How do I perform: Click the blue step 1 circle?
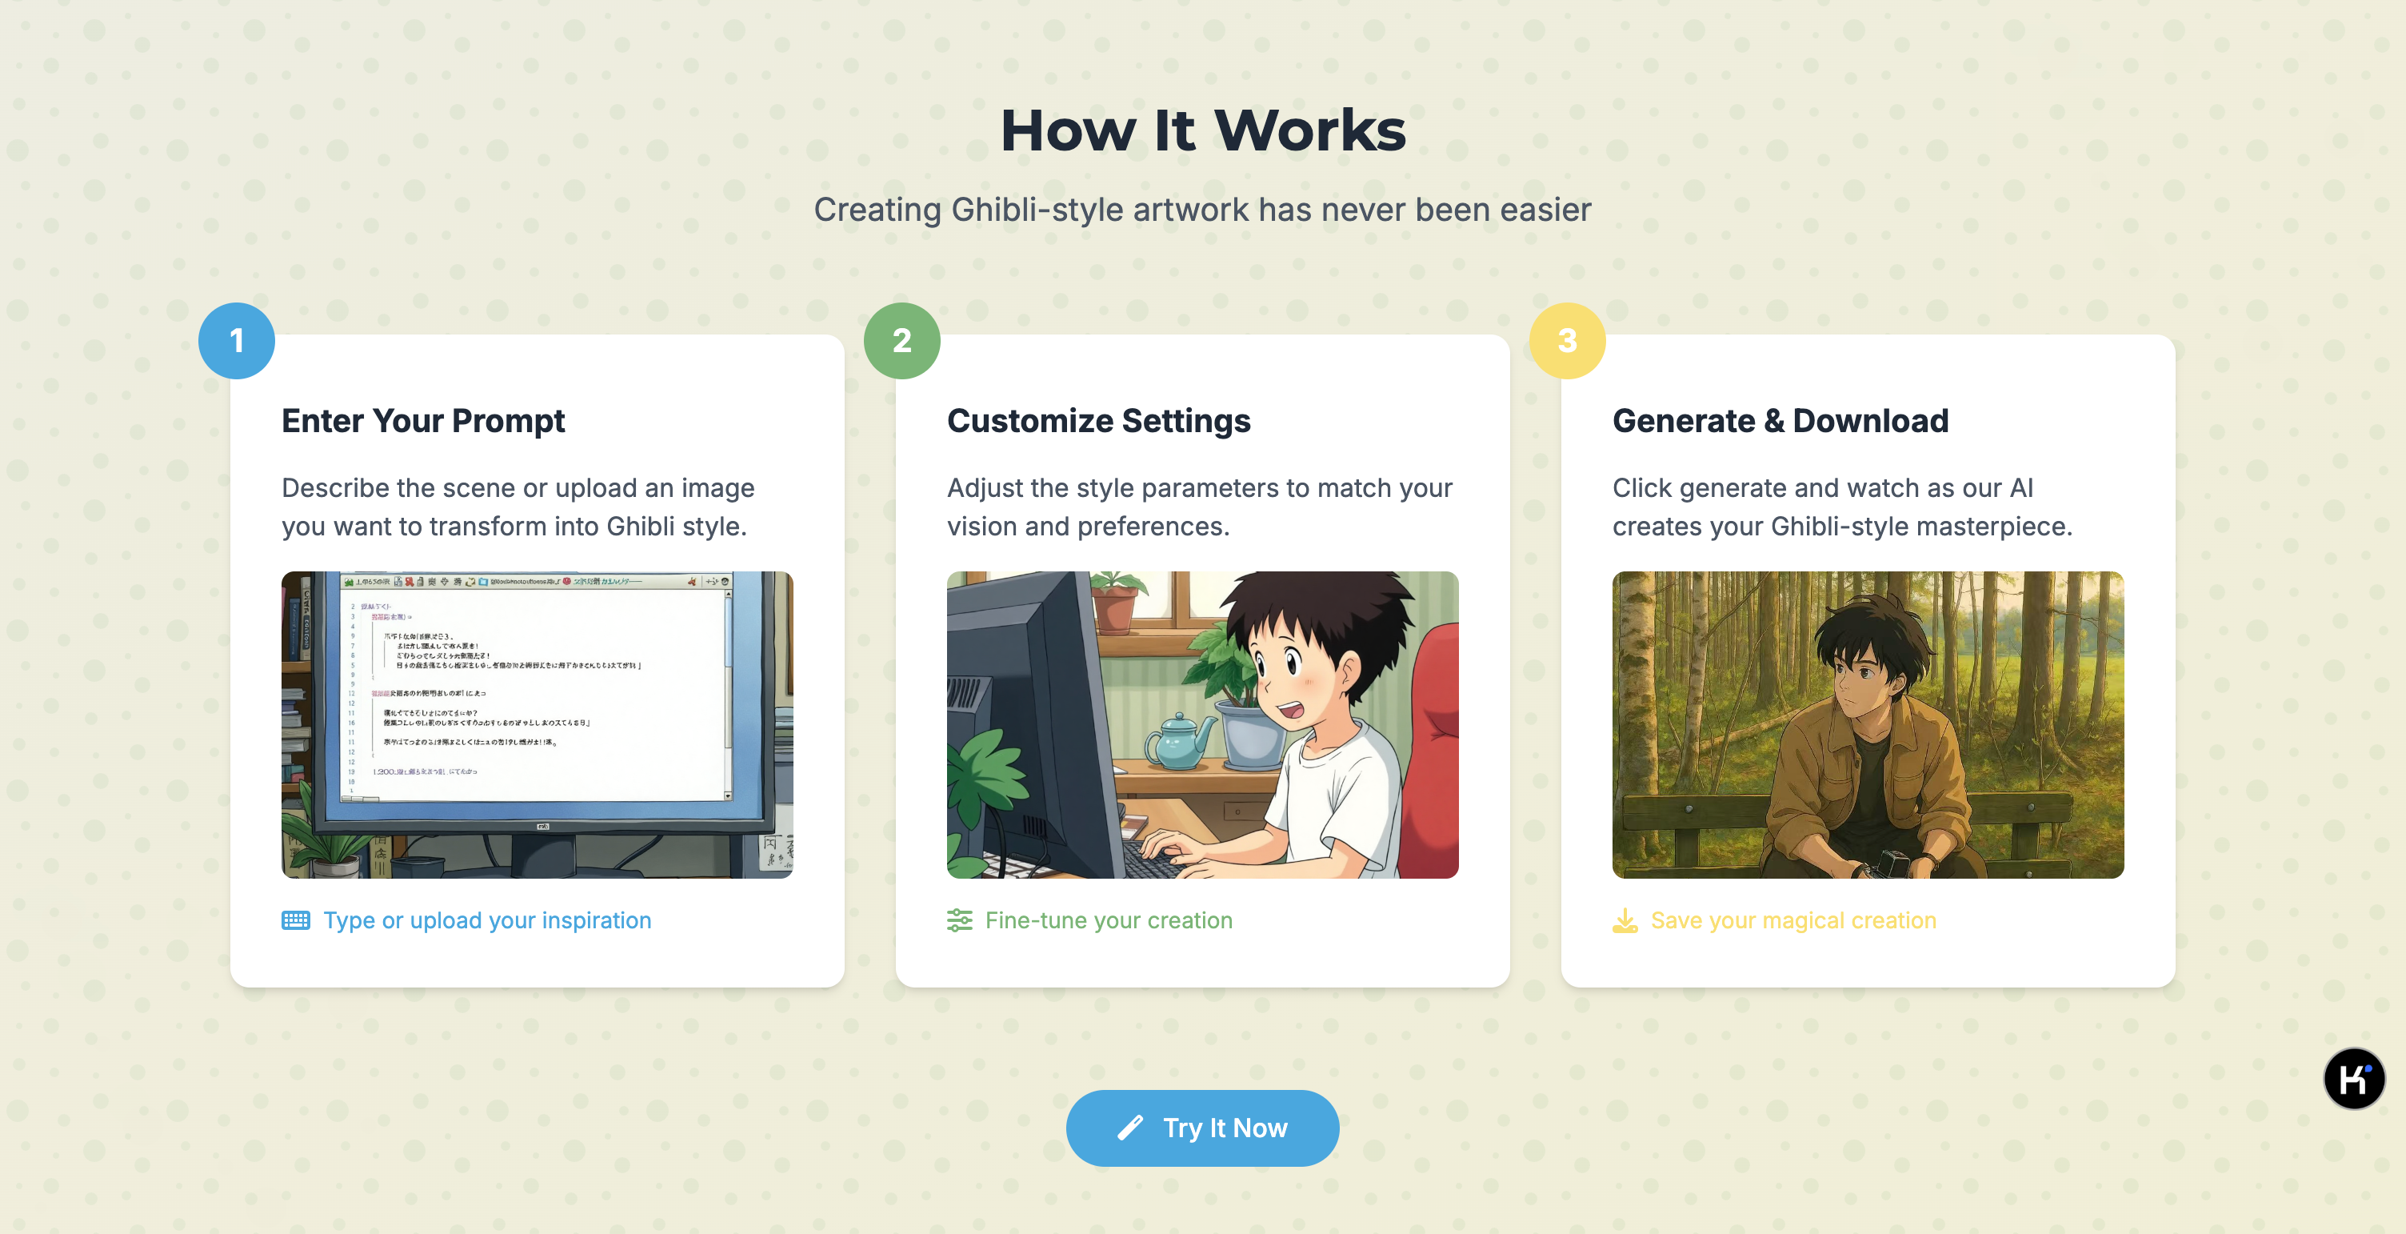236,341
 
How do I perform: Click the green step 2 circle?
901,341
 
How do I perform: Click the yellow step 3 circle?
1567,341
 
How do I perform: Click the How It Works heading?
1203,130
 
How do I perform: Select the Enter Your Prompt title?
423,421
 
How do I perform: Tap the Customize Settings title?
1098,421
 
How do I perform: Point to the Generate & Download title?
1781,421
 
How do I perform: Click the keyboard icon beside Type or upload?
296,921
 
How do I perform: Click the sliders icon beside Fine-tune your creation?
959,921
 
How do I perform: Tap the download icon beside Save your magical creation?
1625,921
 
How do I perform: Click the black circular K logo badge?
2352,1079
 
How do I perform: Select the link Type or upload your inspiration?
486,921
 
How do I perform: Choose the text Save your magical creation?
1793,921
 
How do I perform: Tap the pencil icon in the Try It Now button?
1130,1128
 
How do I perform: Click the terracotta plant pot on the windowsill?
1115,609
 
